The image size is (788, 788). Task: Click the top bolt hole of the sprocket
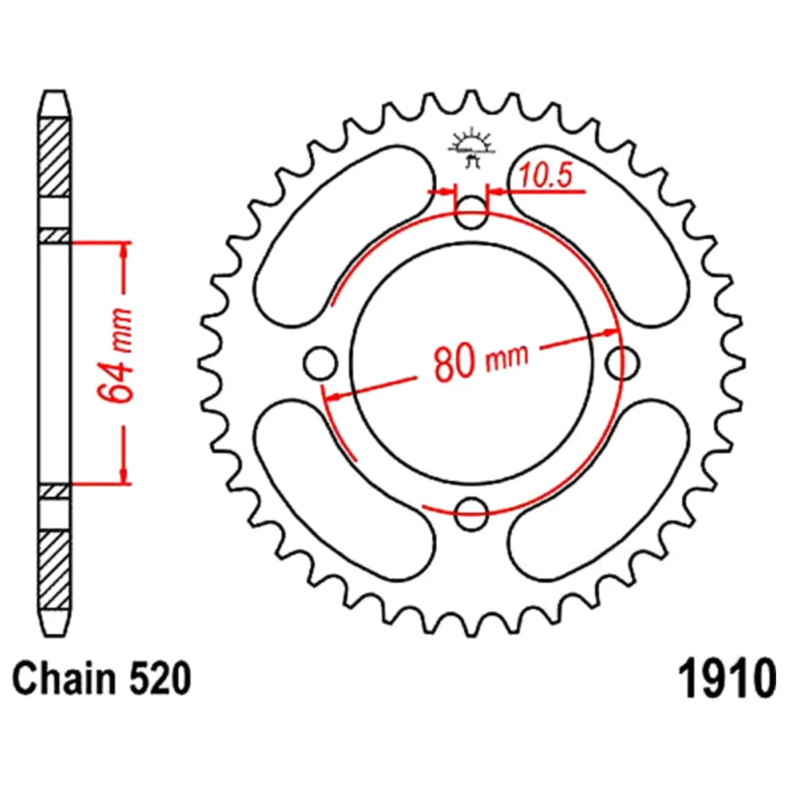[471, 213]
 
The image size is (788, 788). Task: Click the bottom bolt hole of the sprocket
[471, 514]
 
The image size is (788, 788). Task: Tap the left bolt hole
[320, 362]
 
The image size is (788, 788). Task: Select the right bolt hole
[623, 362]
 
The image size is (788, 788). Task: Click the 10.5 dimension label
[546, 176]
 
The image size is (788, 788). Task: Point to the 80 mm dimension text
[481, 360]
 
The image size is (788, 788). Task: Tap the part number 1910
[727, 678]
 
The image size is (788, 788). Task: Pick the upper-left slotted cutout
[345, 236]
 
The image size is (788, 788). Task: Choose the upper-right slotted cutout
[598, 236]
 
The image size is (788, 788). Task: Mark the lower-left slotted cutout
[345, 490]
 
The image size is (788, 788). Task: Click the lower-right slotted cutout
[598, 490]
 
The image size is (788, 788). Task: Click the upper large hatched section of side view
[54, 158]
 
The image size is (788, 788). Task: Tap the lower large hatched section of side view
[54, 570]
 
